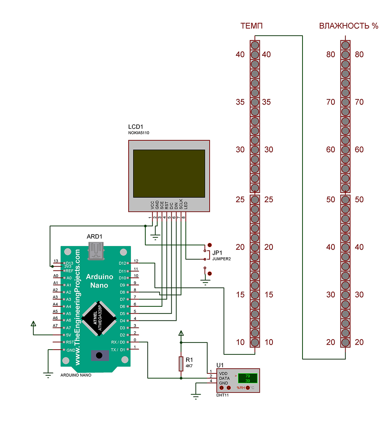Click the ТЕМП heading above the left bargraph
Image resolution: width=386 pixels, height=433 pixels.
251,26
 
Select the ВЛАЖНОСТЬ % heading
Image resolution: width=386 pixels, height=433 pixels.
348,26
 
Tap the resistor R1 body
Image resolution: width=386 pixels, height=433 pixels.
181,364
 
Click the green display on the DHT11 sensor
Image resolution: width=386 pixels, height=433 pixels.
248,378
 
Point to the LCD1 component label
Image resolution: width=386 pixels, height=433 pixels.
136,127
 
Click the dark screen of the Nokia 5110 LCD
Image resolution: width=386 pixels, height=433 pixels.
169,173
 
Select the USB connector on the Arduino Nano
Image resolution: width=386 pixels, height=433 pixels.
96,251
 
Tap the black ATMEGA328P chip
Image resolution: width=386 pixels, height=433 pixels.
99,319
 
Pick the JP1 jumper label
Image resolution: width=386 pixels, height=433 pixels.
217,253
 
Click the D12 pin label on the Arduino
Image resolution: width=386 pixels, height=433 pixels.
123,263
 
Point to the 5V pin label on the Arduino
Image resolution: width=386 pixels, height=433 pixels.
68,335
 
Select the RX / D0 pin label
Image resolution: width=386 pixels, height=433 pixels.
118,342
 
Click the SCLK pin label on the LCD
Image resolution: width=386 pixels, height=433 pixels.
181,204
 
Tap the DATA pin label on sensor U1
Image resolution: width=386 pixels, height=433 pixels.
224,378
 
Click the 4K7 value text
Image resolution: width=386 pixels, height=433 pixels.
189,366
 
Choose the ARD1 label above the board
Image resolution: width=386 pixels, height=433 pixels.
94,237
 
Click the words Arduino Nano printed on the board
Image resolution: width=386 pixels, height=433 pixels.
99,281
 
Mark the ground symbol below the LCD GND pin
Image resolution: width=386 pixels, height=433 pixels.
155,237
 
